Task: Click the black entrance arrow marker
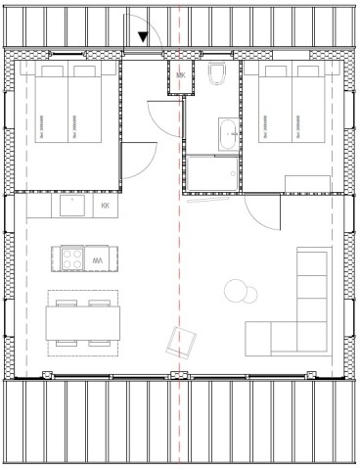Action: tap(145, 38)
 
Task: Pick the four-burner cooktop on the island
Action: tap(73, 260)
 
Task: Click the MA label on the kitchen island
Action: tap(98, 261)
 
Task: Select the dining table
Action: tap(83, 322)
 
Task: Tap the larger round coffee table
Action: tap(236, 291)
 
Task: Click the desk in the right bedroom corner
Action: tap(309, 182)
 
